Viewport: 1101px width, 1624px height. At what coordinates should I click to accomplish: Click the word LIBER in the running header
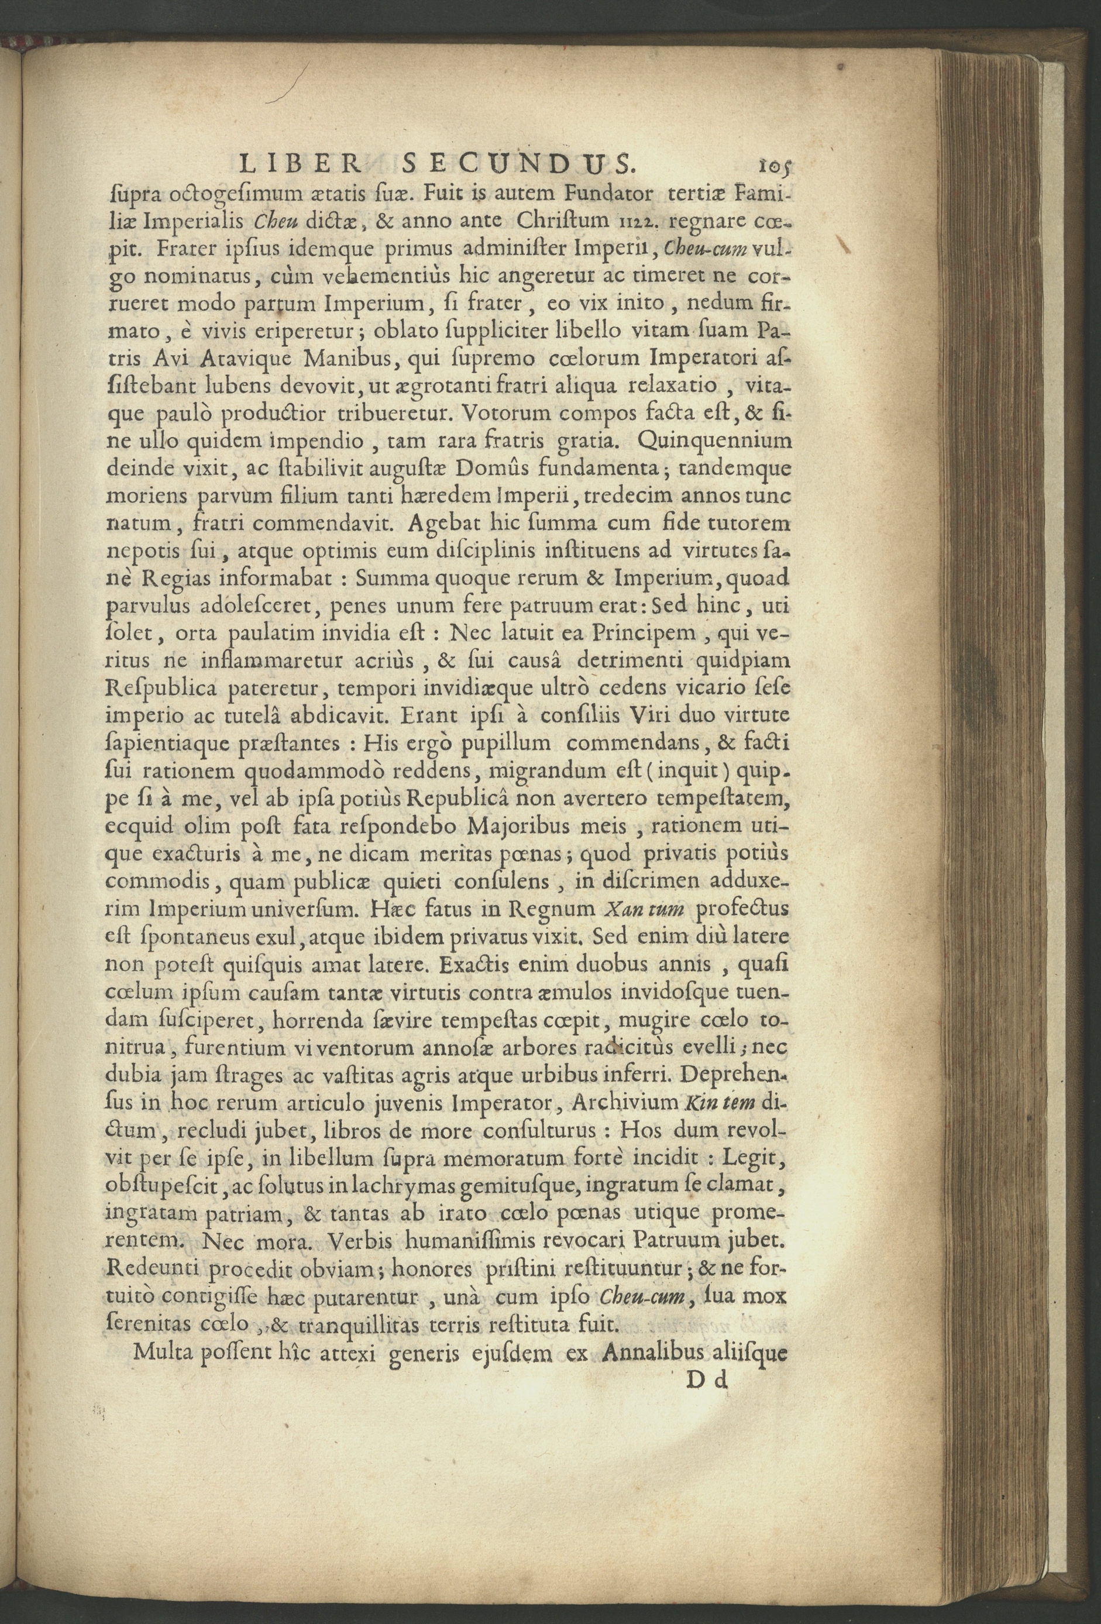(300, 165)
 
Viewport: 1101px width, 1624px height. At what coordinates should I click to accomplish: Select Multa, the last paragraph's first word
(163, 1352)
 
